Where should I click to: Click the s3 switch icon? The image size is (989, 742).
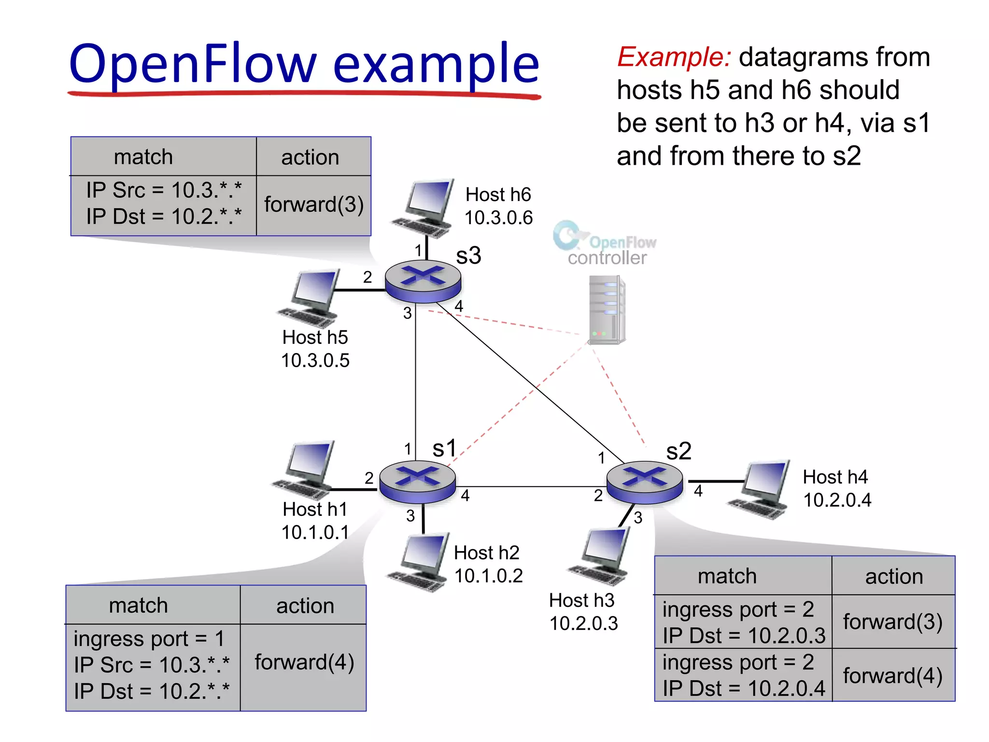(423, 281)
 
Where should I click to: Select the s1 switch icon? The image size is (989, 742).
(417, 482)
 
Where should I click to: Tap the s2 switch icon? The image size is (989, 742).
(644, 482)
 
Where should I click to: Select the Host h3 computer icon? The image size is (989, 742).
(602, 556)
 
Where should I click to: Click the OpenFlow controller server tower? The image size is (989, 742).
(607, 309)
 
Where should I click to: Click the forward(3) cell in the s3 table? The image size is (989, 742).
(313, 204)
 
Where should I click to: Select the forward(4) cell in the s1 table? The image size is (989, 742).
(304, 662)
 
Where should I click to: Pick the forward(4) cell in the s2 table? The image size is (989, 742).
(892, 675)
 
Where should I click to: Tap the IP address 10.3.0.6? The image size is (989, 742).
(498, 218)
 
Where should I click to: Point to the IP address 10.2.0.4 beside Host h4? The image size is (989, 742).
(837, 500)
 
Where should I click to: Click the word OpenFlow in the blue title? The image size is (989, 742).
(193, 64)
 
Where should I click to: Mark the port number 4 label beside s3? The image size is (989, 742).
(459, 306)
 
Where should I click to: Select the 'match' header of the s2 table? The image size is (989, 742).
(727, 576)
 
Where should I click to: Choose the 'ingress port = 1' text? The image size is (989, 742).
(149, 639)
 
